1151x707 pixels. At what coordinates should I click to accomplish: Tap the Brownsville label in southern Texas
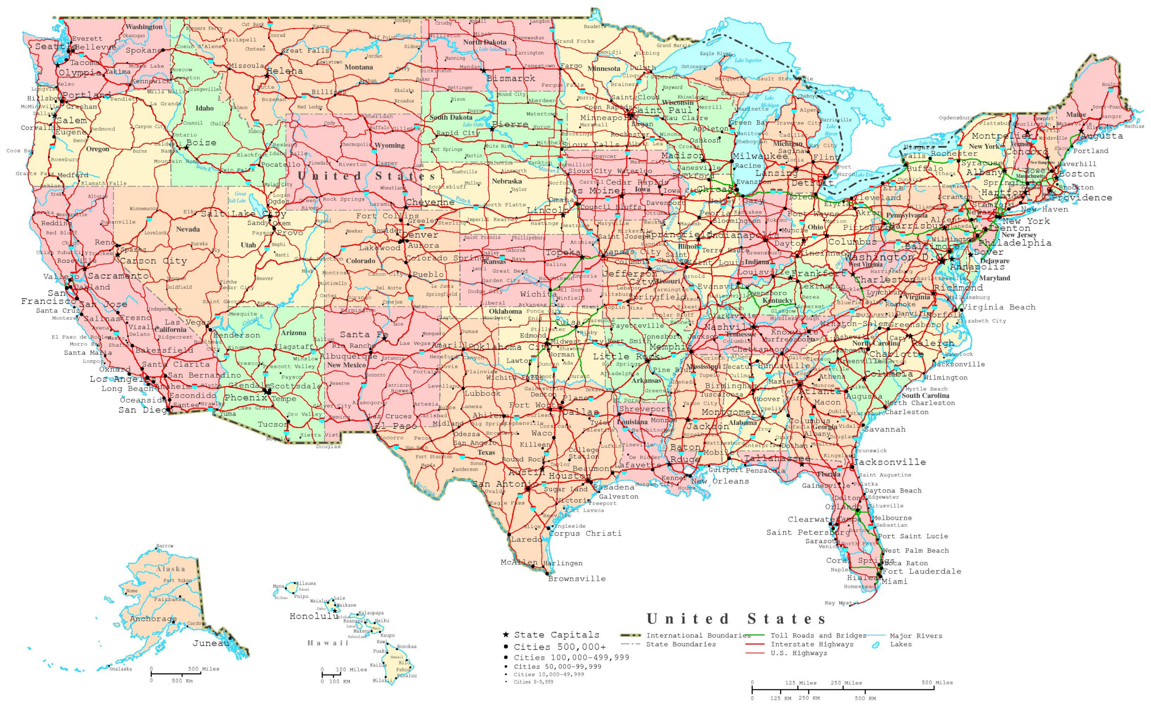click(x=577, y=579)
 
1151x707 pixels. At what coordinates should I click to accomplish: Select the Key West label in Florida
click(x=838, y=603)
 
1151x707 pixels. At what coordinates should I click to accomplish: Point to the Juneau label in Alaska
click(x=210, y=643)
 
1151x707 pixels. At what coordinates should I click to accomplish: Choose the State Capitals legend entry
click(x=556, y=635)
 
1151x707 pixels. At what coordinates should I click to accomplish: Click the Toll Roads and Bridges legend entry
click(x=818, y=636)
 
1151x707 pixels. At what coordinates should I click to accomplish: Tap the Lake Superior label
click(x=748, y=60)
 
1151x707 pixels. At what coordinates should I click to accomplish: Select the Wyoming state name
click(x=389, y=146)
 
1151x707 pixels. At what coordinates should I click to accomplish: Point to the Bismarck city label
click(x=511, y=79)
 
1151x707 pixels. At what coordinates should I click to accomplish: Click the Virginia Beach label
click(x=999, y=307)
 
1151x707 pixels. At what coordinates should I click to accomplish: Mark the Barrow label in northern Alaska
click(x=165, y=546)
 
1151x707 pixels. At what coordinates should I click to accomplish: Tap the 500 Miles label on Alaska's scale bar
click(x=203, y=669)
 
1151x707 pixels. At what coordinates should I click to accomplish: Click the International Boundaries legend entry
click(x=698, y=636)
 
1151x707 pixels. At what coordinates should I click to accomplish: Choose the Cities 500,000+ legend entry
click(x=559, y=647)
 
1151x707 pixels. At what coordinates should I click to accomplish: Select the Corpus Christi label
click(x=585, y=534)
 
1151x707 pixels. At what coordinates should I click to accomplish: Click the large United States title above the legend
click(x=736, y=619)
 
